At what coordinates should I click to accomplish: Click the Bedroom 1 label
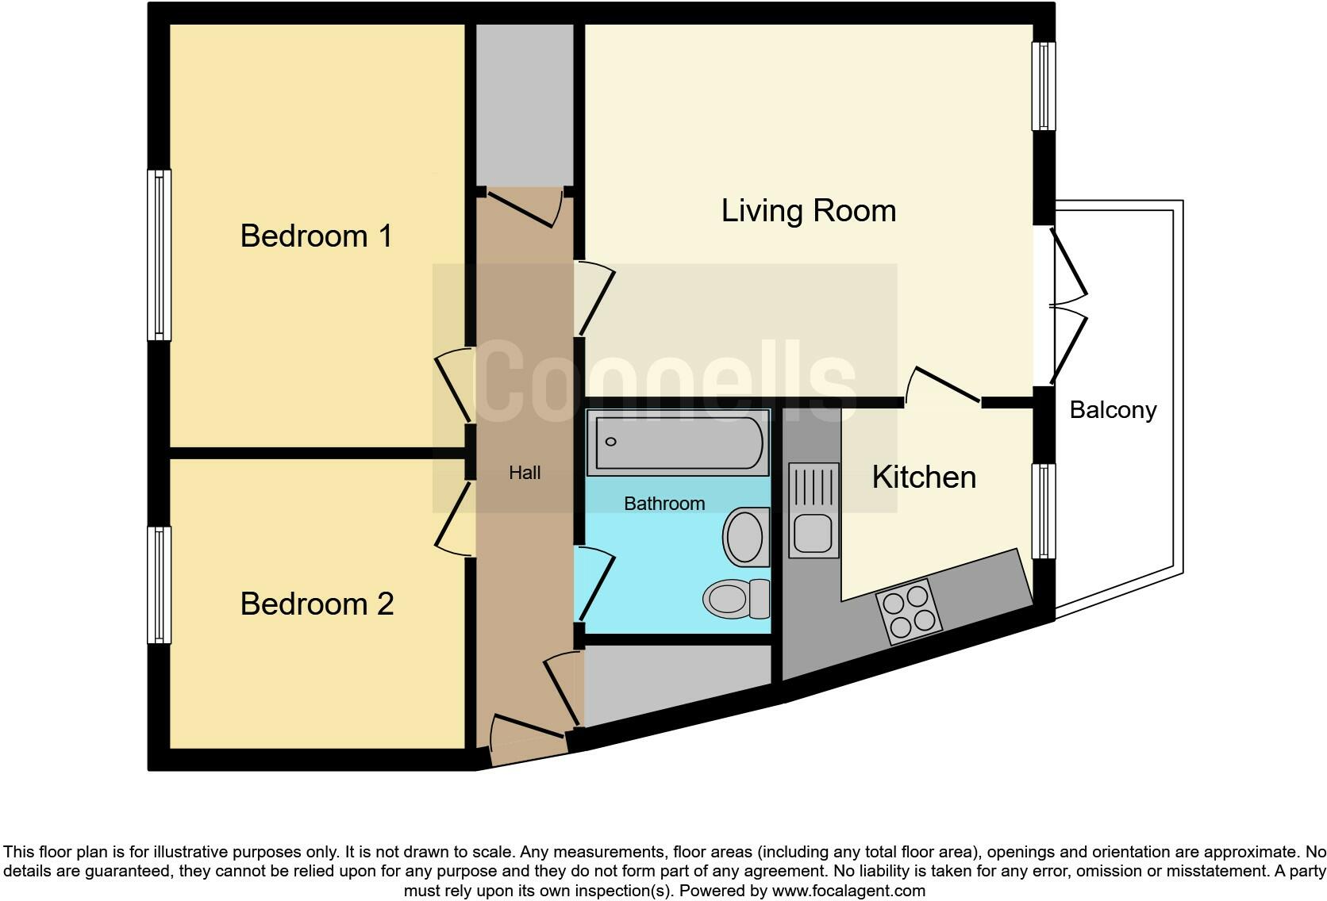[x=316, y=236]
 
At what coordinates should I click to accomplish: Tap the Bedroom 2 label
[x=317, y=604]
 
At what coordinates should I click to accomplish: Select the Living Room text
[x=808, y=210]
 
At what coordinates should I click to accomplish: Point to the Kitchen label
[x=924, y=477]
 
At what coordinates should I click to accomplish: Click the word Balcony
[x=1113, y=409]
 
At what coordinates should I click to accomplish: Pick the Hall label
[x=525, y=473]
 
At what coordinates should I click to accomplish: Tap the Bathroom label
[x=664, y=504]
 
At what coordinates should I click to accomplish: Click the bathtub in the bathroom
[x=678, y=442]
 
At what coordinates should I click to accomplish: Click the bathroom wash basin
[x=746, y=537]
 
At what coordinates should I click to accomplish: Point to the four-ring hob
[x=909, y=611]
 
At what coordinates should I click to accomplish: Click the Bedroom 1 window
[x=160, y=255]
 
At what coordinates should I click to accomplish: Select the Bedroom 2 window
[x=160, y=585]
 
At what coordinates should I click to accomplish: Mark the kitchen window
[x=1044, y=511]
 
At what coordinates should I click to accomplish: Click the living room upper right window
[x=1044, y=86]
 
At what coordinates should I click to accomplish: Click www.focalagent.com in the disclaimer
[x=848, y=891]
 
